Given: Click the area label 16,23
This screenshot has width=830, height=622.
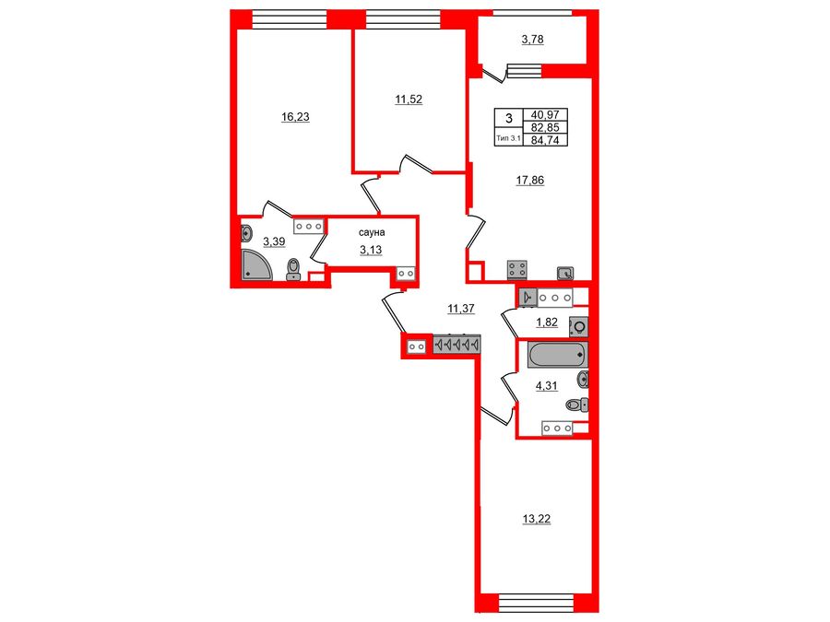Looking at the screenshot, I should pyautogui.click(x=296, y=117).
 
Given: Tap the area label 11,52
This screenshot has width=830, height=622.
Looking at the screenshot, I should pyautogui.click(x=409, y=99).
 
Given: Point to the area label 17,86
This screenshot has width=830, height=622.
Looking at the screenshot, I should pyautogui.click(x=529, y=181).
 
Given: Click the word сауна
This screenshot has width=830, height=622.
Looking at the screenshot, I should pyautogui.click(x=373, y=234).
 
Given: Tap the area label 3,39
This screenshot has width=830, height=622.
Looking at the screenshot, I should pyautogui.click(x=274, y=241).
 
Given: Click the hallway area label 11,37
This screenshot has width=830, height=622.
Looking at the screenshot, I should pyautogui.click(x=459, y=309).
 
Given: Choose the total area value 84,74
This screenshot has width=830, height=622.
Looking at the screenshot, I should pyautogui.click(x=545, y=140).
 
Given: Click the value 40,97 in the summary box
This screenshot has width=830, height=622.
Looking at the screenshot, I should pyautogui.click(x=545, y=115).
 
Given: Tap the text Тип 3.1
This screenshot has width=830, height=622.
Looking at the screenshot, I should pyautogui.click(x=508, y=138).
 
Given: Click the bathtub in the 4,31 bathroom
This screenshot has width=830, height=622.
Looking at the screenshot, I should pyautogui.click(x=556, y=353).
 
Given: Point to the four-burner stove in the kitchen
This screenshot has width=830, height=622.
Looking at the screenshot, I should pyautogui.click(x=516, y=269).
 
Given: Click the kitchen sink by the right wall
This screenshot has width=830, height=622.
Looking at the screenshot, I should pyautogui.click(x=566, y=272).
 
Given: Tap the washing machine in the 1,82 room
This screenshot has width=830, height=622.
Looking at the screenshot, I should pyautogui.click(x=579, y=325).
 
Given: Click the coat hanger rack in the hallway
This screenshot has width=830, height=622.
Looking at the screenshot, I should pyautogui.click(x=456, y=345).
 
